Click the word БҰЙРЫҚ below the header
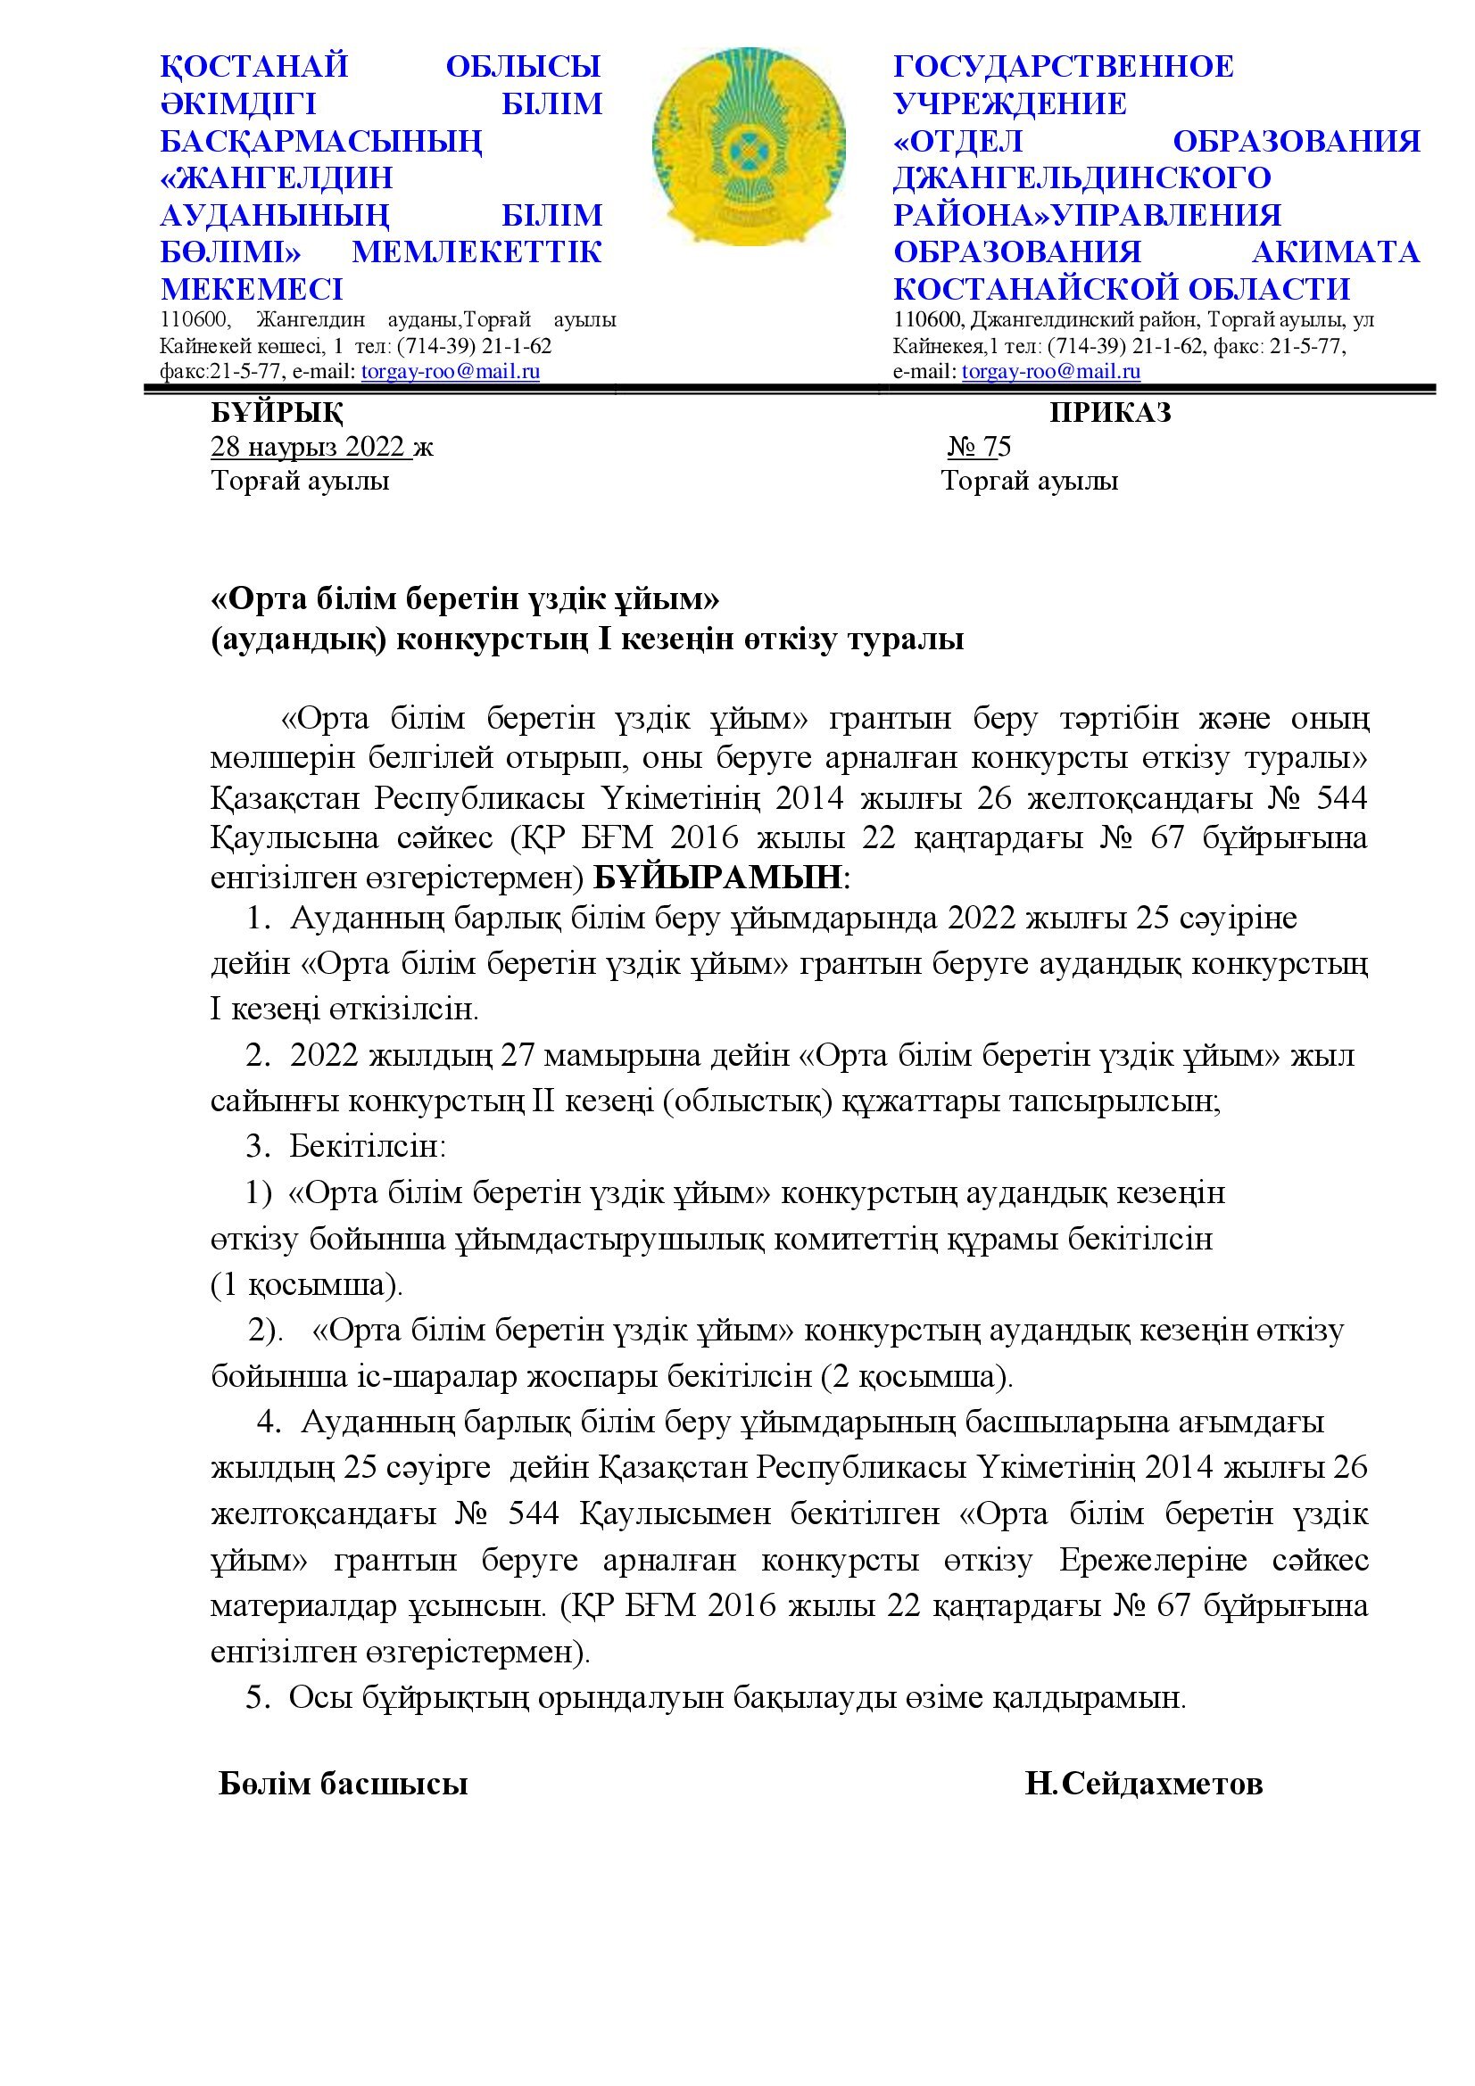(x=278, y=414)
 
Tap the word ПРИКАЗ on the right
(x=1111, y=414)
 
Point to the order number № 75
(x=980, y=447)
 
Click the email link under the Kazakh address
(x=451, y=372)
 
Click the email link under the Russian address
(x=1051, y=372)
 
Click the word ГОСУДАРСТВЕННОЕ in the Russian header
(x=1065, y=66)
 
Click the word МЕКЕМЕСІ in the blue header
(x=252, y=289)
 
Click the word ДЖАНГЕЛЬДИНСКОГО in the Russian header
(x=1082, y=178)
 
